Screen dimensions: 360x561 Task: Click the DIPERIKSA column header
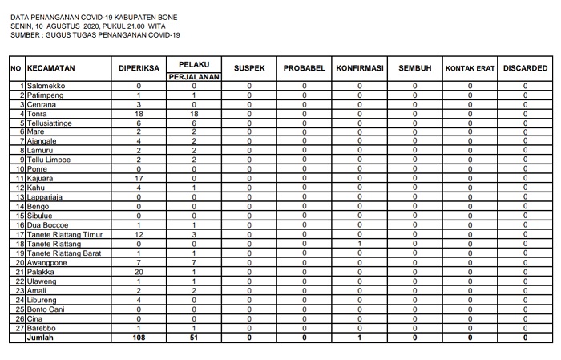pos(139,68)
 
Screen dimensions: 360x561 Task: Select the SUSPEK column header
pos(249,68)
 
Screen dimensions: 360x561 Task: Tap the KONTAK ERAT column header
pos(470,68)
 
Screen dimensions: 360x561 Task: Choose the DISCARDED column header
pos(526,68)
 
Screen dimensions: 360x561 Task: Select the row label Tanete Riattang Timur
pos(65,234)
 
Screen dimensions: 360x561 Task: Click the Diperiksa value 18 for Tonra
pos(139,115)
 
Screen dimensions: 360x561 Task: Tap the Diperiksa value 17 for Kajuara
pos(139,178)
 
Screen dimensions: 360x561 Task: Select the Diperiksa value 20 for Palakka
pos(139,273)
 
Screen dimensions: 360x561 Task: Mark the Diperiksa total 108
pos(139,338)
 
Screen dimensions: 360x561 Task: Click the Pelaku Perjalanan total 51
pos(194,338)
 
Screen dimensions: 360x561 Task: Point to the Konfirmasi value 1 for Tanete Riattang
pos(360,244)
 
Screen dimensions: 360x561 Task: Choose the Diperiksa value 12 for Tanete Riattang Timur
pos(139,234)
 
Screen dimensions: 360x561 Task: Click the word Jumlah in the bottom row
pos(41,338)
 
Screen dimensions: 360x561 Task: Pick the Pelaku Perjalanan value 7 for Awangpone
pos(194,263)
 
